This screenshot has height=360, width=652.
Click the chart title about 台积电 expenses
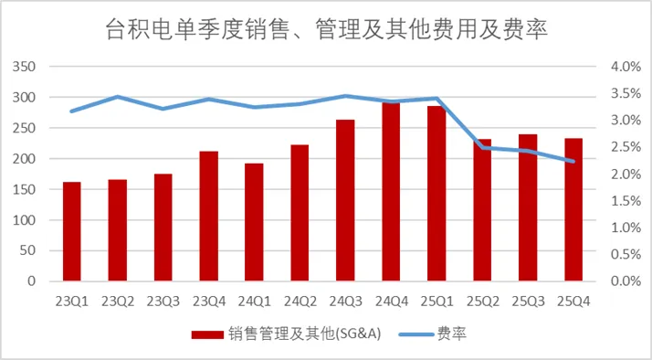click(x=325, y=31)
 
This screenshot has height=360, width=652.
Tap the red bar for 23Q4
click(x=208, y=216)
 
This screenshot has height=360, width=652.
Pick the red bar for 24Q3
click(x=345, y=200)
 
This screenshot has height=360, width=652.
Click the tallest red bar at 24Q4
click(x=391, y=192)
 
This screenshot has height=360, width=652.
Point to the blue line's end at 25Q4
click(x=573, y=162)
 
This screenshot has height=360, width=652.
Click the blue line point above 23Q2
click(x=117, y=97)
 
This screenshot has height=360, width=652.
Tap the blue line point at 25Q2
click(x=482, y=147)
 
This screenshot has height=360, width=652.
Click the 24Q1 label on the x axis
click(x=254, y=301)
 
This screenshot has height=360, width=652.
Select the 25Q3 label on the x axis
click(x=528, y=301)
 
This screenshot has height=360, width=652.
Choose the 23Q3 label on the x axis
click(x=163, y=301)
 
